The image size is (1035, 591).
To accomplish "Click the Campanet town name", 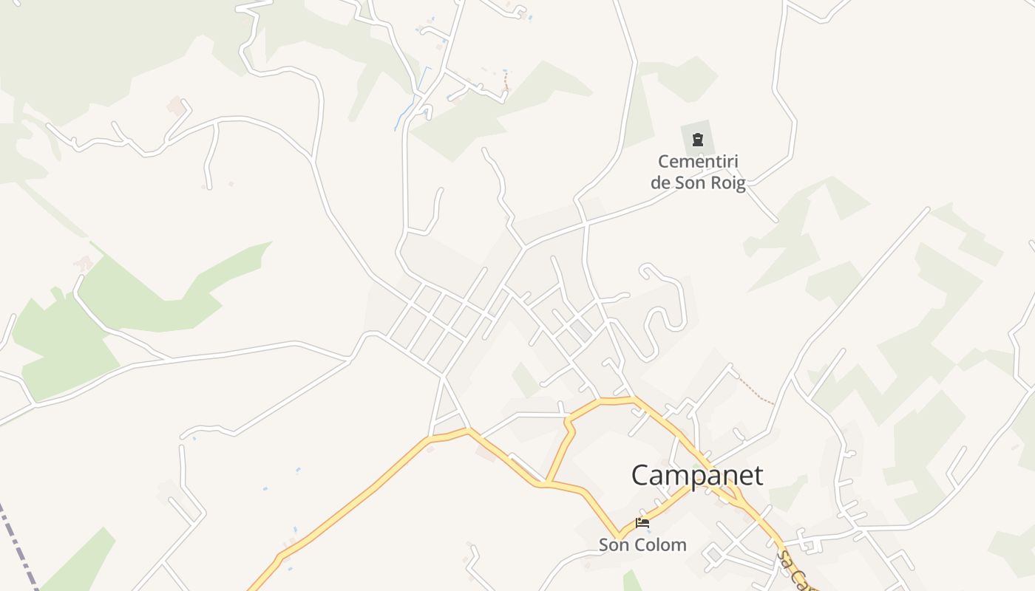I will click(x=697, y=476).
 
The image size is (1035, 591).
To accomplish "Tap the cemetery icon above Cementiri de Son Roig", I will click(x=697, y=140).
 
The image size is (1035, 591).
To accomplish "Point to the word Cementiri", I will click(x=698, y=161).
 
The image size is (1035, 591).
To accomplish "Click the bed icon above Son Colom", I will click(x=642, y=523).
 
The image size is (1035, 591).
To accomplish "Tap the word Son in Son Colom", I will click(x=614, y=545).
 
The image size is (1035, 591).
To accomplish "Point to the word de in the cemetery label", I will click(x=659, y=183).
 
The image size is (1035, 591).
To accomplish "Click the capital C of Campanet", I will click(x=642, y=476).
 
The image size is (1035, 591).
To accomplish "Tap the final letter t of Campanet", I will click(x=758, y=476).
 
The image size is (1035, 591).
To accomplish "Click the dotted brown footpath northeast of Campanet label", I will click(x=756, y=391).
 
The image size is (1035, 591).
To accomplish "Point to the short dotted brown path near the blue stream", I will click(x=506, y=81).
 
